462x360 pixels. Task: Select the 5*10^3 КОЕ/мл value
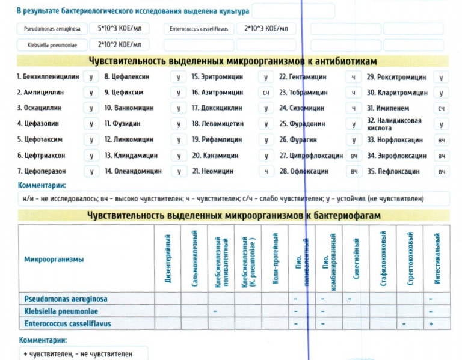click(x=118, y=28)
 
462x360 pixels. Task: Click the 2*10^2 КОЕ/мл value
click(x=118, y=44)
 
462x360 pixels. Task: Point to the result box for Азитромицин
click(x=265, y=93)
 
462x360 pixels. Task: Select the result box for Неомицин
click(x=265, y=171)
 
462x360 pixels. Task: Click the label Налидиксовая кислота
click(x=394, y=124)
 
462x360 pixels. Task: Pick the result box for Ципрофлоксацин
click(x=354, y=156)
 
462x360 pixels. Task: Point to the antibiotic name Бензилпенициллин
click(x=48, y=77)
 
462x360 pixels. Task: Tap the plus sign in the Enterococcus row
click(x=431, y=323)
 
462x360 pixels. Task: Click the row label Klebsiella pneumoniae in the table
click(x=61, y=311)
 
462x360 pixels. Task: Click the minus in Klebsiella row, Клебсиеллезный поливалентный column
click(x=215, y=311)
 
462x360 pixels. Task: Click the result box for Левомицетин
click(x=265, y=124)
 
